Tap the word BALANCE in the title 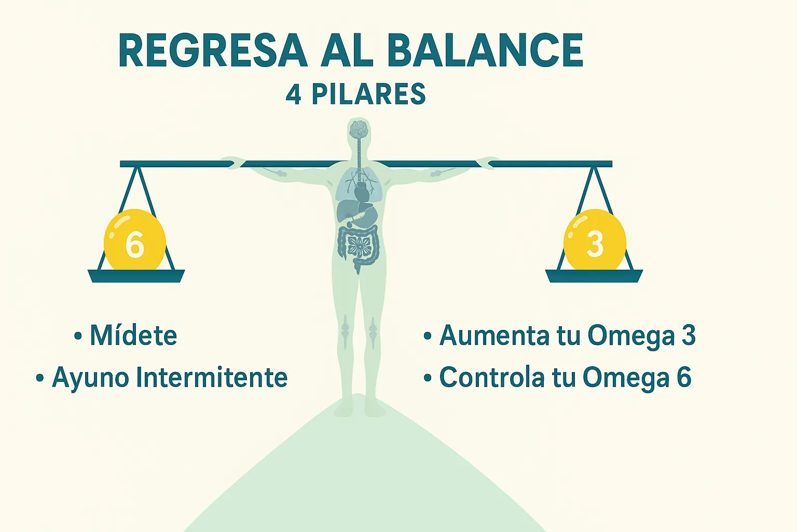[485, 50]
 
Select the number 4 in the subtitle [294, 95]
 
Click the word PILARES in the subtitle [368, 95]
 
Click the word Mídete [133, 335]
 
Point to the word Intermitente [212, 378]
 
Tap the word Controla [492, 378]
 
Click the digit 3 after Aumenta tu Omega [689, 335]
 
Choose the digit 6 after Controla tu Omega [684, 378]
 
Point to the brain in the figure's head [359, 129]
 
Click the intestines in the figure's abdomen [359, 245]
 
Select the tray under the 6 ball [136, 276]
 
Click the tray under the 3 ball [594, 276]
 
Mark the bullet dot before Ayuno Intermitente [40, 378]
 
